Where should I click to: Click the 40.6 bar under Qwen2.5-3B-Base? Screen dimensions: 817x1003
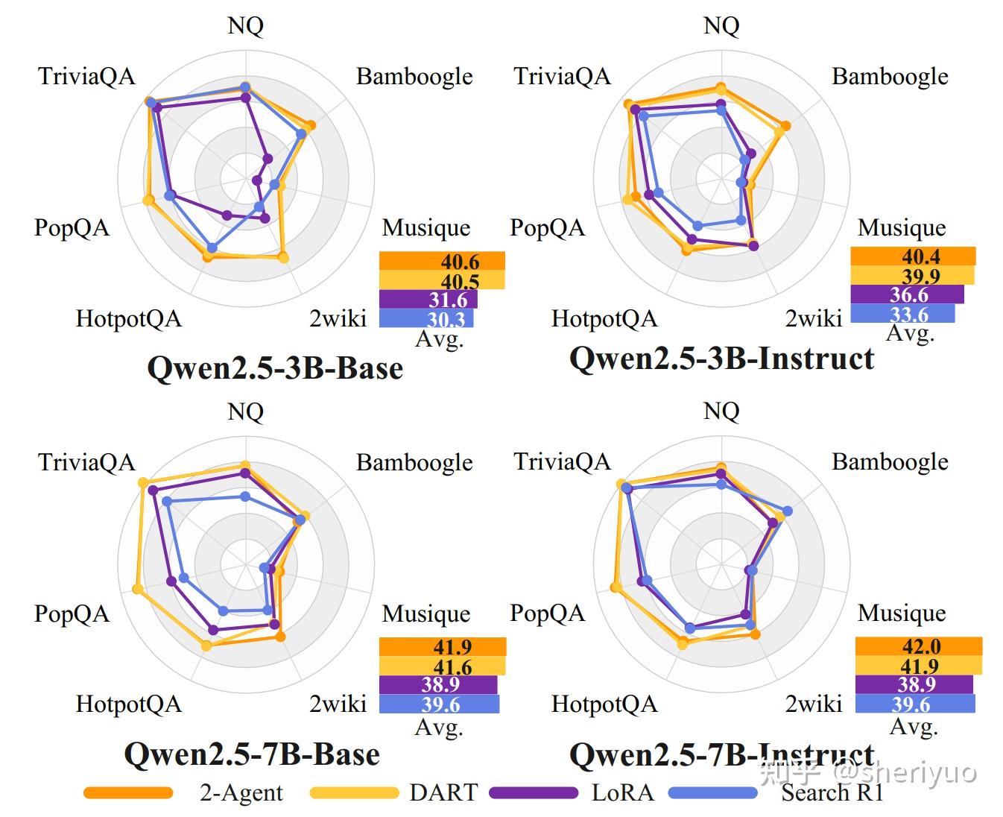click(442, 261)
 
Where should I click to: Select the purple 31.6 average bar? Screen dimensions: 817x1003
click(428, 300)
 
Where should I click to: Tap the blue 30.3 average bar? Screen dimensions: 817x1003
click(426, 319)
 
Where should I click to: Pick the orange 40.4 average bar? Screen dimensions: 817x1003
click(913, 256)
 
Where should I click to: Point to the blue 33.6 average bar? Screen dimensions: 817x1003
click(902, 314)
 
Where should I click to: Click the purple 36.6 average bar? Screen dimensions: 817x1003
click(907, 294)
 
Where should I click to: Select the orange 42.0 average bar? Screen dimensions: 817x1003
click(918, 646)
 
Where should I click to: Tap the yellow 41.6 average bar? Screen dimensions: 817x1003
click(442, 666)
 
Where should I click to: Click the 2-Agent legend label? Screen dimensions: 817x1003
click(241, 792)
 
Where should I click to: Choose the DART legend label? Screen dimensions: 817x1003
click(443, 792)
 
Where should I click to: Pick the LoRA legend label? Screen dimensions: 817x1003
click(622, 792)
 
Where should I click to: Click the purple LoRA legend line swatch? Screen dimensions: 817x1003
click(534, 793)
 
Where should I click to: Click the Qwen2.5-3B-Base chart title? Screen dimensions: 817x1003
click(275, 368)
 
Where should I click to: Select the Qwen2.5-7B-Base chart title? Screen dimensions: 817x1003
click(252, 754)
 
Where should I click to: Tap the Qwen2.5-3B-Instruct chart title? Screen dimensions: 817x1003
click(721, 359)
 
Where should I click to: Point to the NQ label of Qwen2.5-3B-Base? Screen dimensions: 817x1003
click(245, 26)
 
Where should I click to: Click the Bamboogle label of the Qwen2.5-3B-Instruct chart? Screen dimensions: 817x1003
click(890, 76)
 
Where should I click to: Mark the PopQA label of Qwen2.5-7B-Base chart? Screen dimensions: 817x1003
click(72, 614)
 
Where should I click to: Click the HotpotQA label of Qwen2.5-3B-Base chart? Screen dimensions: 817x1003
click(128, 319)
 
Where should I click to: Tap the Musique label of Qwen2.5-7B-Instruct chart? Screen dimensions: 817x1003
click(902, 613)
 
